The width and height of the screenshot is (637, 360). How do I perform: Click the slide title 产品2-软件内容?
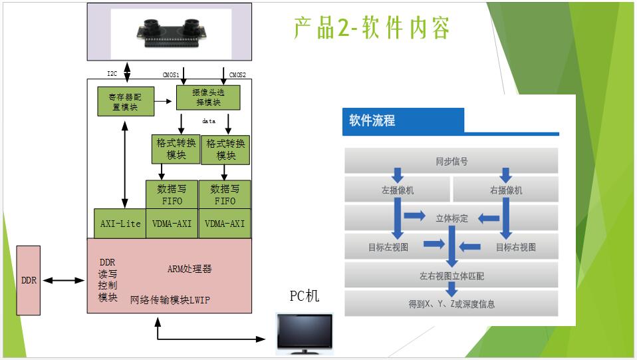pos(372,28)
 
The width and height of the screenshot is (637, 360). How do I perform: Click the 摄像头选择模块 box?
pos(208,97)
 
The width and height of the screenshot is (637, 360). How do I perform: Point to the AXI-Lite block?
pos(120,224)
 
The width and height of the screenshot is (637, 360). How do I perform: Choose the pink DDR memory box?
pos(29,280)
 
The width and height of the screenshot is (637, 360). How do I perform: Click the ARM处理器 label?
pos(190,269)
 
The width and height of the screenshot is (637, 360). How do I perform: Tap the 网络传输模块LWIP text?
pos(170,300)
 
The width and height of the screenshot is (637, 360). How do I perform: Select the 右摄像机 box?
pos(505,190)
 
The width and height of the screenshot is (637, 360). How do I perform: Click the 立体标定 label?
pos(451,218)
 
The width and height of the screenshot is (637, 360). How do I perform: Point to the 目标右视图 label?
pos(515,247)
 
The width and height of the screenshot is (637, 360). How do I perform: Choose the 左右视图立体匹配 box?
pos(451,275)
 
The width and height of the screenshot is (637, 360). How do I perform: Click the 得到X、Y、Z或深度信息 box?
pos(451,304)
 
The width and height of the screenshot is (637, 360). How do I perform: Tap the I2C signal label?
pos(112,73)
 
